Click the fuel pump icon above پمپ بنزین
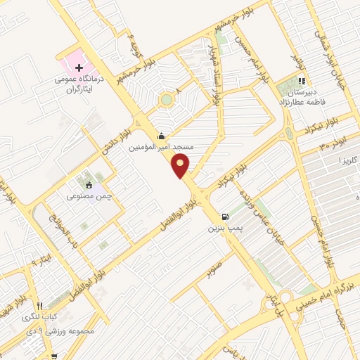pyautogui.click(x=225, y=217)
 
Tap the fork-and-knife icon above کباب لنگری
pyautogui.click(x=40, y=306)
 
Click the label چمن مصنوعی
pyautogui.click(x=89, y=197)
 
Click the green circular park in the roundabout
pyautogui.click(x=166, y=100)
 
